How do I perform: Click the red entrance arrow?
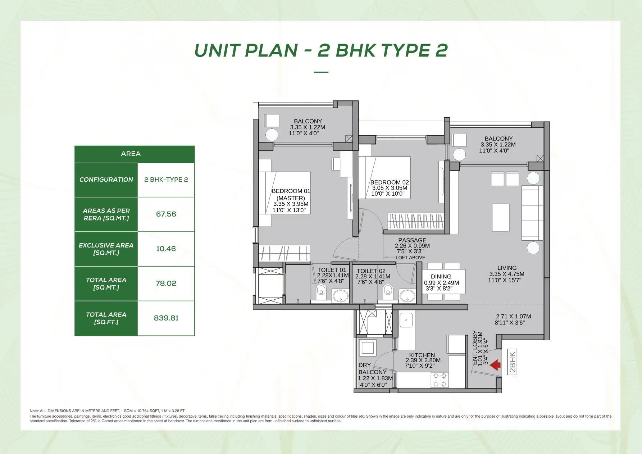pyautogui.click(x=496, y=365)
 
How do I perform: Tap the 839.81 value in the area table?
pyautogui.click(x=166, y=318)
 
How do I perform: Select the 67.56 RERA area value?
pyautogui.click(x=166, y=214)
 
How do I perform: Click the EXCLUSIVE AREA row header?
pyautogui.click(x=106, y=249)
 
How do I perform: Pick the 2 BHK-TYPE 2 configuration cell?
pyautogui.click(x=166, y=180)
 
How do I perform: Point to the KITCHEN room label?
pyautogui.click(x=422, y=355)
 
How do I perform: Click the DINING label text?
pyautogui.click(x=441, y=277)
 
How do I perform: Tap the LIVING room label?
pyautogui.click(x=507, y=268)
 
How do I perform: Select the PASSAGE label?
pyautogui.click(x=412, y=240)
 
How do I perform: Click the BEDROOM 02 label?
pyautogui.click(x=390, y=182)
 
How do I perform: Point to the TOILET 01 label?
pyautogui.click(x=332, y=270)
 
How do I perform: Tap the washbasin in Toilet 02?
pyautogui.click(x=407, y=296)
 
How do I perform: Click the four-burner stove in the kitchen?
pyautogui.click(x=440, y=380)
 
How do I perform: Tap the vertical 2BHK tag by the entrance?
pyautogui.click(x=512, y=362)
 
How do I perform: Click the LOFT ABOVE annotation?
pyautogui.click(x=410, y=258)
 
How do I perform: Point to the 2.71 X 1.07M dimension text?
pyautogui.click(x=513, y=317)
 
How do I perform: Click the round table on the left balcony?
pyautogui.click(x=272, y=135)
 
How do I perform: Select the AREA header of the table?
pyautogui.click(x=131, y=154)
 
